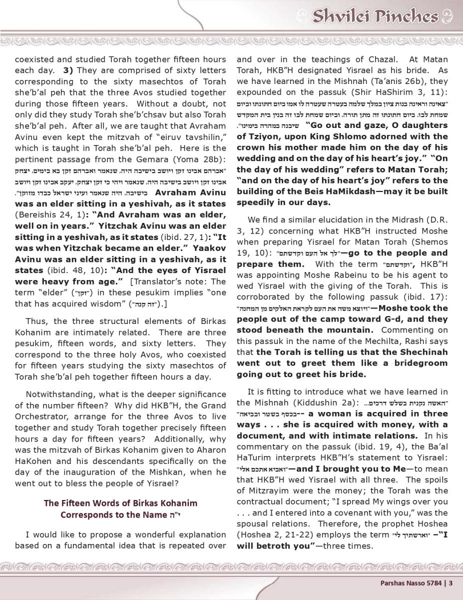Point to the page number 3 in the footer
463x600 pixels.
point(451,581)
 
